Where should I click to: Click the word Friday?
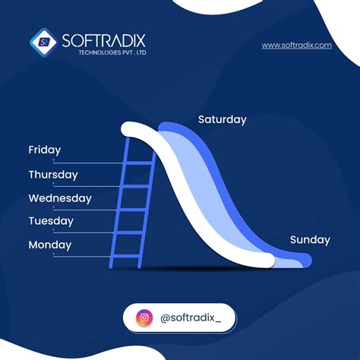pyautogui.click(x=44, y=150)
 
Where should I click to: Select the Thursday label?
pyautogui.click(x=53, y=175)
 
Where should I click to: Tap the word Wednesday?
pyautogui.click(x=60, y=198)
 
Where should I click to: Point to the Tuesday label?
pyautogui.click(x=51, y=222)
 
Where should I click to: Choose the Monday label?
pyautogui.click(x=49, y=245)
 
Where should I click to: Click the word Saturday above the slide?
pyautogui.click(x=222, y=120)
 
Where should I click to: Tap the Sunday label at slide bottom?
pyautogui.click(x=310, y=240)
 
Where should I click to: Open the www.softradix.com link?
pyautogui.click(x=297, y=46)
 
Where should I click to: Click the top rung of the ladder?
pyautogui.click(x=137, y=163)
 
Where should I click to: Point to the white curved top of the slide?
pyautogui.click(x=137, y=129)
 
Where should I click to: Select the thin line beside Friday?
pyautogui.click(x=84, y=163)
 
